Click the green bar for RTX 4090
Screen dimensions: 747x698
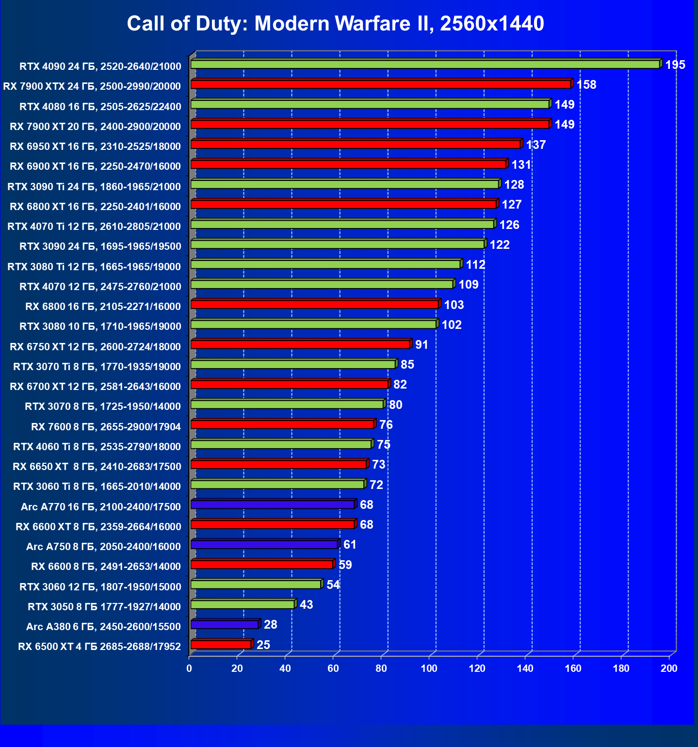pos(425,65)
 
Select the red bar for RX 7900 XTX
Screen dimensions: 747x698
pos(381,84)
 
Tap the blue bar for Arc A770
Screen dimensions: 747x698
pos(273,504)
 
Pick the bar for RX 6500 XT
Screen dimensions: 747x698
pos(221,644)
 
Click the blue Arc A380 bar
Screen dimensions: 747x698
pos(225,624)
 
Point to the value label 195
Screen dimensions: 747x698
pos(675,65)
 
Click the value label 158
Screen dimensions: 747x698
pos(586,85)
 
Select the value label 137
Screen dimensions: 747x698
pos(536,145)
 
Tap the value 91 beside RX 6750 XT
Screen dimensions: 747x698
pos(422,345)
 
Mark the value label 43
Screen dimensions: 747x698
pos(306,605)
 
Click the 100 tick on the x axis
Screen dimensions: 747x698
pos(429,668)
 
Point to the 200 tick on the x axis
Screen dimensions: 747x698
pos(669,668)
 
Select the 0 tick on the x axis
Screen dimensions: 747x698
pos(189,668)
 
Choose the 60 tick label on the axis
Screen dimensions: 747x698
pos(333,668)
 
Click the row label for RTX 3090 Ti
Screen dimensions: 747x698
pos(94,187)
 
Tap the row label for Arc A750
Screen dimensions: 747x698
pos(103,547)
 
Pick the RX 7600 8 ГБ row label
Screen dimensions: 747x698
pos(106,427)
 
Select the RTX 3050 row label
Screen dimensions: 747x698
pos(104,607)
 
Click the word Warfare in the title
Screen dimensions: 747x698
pos(371,23)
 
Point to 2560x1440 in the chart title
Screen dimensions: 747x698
pos(492,23)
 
